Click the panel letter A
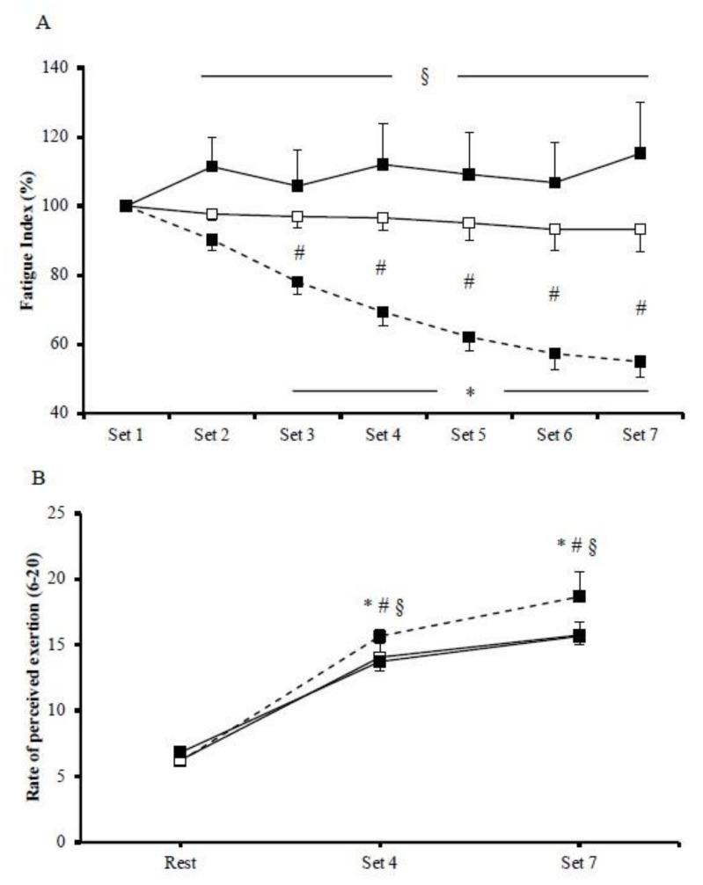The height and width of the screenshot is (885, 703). click(41, 26)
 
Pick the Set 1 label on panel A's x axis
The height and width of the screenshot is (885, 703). click(126, 434)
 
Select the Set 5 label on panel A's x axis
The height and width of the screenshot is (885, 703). click(468, 434)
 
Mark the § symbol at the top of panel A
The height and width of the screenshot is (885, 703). click(424, 77)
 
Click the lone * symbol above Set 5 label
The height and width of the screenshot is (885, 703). click(470, 391)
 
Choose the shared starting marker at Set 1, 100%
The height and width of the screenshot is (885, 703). click(126, 206)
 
